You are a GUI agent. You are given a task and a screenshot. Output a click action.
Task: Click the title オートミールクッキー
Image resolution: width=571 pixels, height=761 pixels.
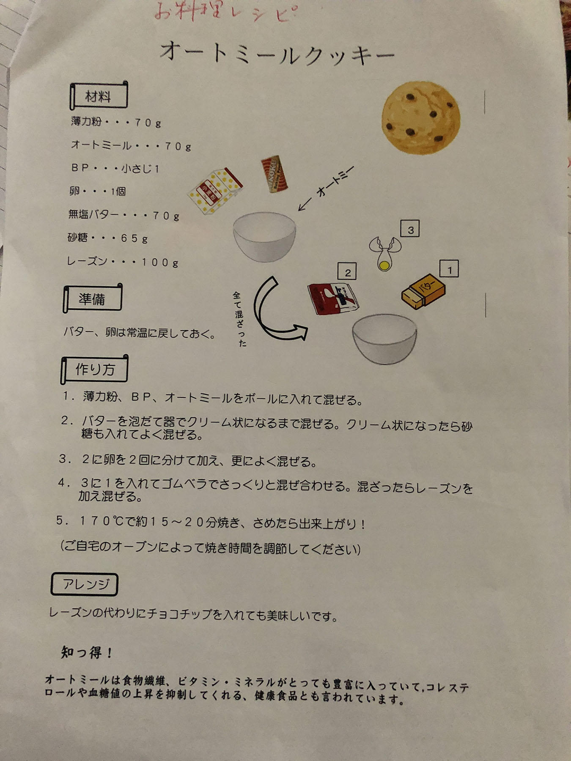[277, 54]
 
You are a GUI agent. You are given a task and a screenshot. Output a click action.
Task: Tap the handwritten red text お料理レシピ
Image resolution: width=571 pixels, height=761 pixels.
[225, 12]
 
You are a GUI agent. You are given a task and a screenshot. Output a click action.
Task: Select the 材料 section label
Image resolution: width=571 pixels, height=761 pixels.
[98, 96]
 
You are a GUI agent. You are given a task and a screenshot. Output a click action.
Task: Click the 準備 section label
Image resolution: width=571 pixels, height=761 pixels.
[92, 298]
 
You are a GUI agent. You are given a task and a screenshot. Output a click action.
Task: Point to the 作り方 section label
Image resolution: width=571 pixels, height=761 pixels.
[94, 369]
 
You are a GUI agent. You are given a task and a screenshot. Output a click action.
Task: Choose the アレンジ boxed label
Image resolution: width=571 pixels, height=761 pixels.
[85, 584]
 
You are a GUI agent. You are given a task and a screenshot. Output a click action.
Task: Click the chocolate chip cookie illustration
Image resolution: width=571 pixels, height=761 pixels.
[420, 117]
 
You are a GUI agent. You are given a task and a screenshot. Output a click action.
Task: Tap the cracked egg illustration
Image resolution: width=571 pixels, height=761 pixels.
[384, 253]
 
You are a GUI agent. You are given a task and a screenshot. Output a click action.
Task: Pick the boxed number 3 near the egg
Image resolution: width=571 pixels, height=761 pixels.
[410, 230]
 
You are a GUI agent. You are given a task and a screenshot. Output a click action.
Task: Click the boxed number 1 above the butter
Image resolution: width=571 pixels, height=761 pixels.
[450, 269]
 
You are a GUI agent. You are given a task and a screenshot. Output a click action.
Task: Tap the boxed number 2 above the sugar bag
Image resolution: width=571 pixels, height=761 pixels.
[347, 272]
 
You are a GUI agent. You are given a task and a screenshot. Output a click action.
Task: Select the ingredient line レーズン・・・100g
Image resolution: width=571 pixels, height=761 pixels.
[123, 262]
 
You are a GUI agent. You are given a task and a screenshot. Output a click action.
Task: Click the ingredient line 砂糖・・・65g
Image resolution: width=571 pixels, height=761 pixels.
[107, 238]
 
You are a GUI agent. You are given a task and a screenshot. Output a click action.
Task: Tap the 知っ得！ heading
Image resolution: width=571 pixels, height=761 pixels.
[86, 652]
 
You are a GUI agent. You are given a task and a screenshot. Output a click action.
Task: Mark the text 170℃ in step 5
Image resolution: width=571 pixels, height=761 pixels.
[101, 521]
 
